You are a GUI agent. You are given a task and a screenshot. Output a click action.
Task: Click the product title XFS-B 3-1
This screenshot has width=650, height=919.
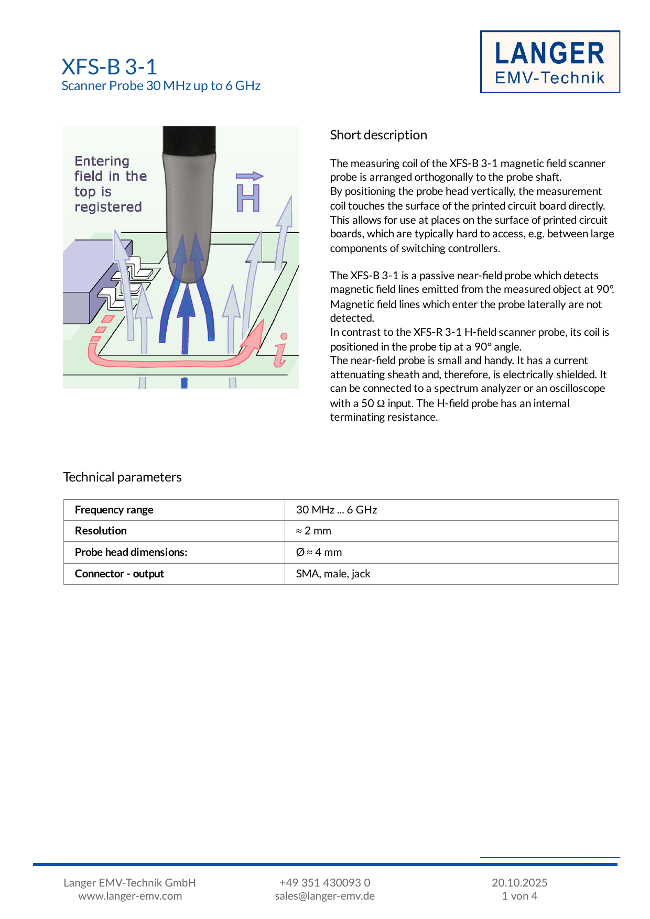tap(109, 67)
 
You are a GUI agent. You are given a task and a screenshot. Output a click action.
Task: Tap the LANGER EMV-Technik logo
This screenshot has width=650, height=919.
tap(550, 62)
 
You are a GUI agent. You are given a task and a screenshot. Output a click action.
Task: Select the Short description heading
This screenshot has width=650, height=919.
tap(378, 135)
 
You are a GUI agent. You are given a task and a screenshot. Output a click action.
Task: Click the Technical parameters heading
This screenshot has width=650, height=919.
tap(122, 477)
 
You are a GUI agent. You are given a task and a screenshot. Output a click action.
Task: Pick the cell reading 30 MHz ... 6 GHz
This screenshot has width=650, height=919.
tap(337, 510)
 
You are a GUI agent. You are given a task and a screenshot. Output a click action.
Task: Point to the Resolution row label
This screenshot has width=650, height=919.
tap(101, 531)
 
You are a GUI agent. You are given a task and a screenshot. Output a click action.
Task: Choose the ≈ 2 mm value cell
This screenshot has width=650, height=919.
tap(313, 531)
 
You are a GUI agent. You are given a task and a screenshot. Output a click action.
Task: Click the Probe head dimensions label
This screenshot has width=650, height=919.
tap(131, 552)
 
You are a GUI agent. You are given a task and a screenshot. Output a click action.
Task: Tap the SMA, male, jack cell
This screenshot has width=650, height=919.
tap(333, 574)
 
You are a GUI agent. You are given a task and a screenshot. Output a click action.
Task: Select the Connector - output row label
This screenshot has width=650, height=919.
tap(120, 574)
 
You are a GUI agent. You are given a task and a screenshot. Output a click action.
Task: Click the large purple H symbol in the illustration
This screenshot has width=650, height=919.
tap(248, 198)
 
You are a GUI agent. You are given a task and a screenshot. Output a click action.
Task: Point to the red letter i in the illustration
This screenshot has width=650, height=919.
tap(281, 350)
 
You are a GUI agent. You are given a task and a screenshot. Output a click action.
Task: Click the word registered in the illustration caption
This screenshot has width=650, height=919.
tap(108, 207)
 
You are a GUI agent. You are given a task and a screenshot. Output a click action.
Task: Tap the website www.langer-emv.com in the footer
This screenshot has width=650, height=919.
tap(130, 896)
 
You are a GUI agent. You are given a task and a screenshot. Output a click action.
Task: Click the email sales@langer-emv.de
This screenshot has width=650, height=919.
tap(324, 896)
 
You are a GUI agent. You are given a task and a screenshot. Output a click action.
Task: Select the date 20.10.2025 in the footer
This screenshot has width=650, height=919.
tap(519, 882)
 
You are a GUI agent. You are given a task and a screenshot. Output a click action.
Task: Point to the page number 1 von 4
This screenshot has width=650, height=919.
tap(519, 896)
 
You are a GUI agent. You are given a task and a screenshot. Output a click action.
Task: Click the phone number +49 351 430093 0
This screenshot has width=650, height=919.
tap(324, 882)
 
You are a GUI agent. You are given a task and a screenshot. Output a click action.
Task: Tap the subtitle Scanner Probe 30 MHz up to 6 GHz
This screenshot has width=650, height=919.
tap(161, 86)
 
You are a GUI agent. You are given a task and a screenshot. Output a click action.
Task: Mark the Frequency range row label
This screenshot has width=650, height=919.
tap(114, 510)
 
